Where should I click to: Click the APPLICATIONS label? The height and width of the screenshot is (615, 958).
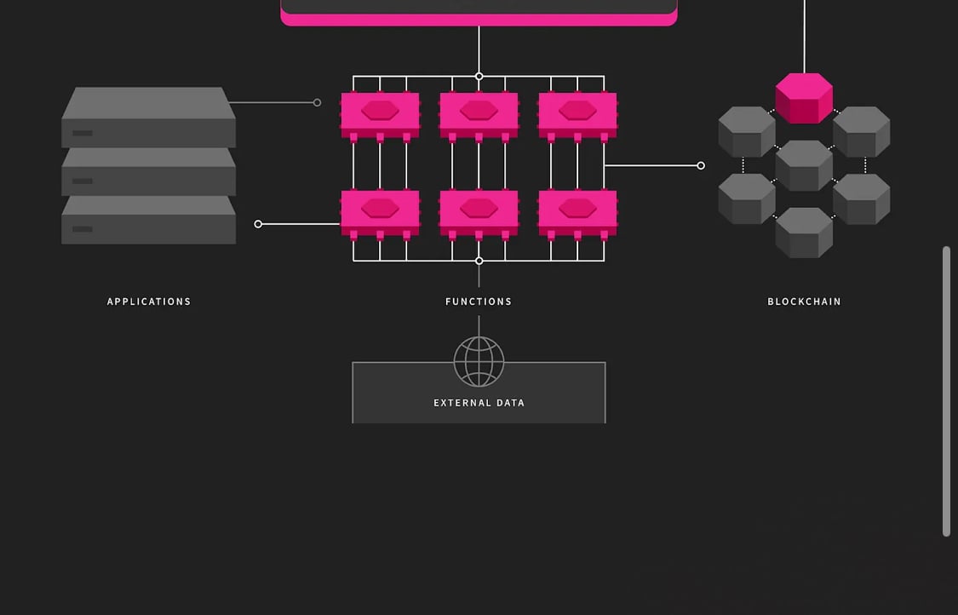coord(149,302)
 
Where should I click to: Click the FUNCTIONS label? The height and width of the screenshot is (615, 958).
coord(479,302)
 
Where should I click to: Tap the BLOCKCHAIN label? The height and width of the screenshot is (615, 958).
coord(804,302)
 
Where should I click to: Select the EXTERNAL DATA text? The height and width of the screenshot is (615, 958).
coord(479,403)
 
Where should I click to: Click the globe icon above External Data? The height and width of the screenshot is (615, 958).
coord(479,361)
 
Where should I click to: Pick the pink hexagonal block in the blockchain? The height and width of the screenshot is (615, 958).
coord(804,98)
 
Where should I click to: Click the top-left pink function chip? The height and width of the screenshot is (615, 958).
coord(380,113)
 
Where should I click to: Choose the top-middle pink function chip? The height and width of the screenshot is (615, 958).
coord(479,113)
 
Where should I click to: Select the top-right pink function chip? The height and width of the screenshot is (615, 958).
coord(577,113)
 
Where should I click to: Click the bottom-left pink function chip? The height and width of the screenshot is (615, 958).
coord(380,211)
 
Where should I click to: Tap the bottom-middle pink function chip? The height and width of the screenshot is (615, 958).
coord(479,211)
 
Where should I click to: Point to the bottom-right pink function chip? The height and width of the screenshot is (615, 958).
coord(577,211)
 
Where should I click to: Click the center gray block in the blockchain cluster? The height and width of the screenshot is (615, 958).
coord(804,165)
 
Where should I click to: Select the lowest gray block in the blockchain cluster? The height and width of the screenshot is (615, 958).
coord(804,233)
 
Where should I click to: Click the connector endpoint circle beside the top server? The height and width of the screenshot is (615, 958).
coord(317,102)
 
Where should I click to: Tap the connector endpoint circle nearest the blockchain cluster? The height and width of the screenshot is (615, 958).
coord(701,165)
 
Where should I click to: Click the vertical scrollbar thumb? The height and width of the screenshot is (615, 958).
coord(946,392)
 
